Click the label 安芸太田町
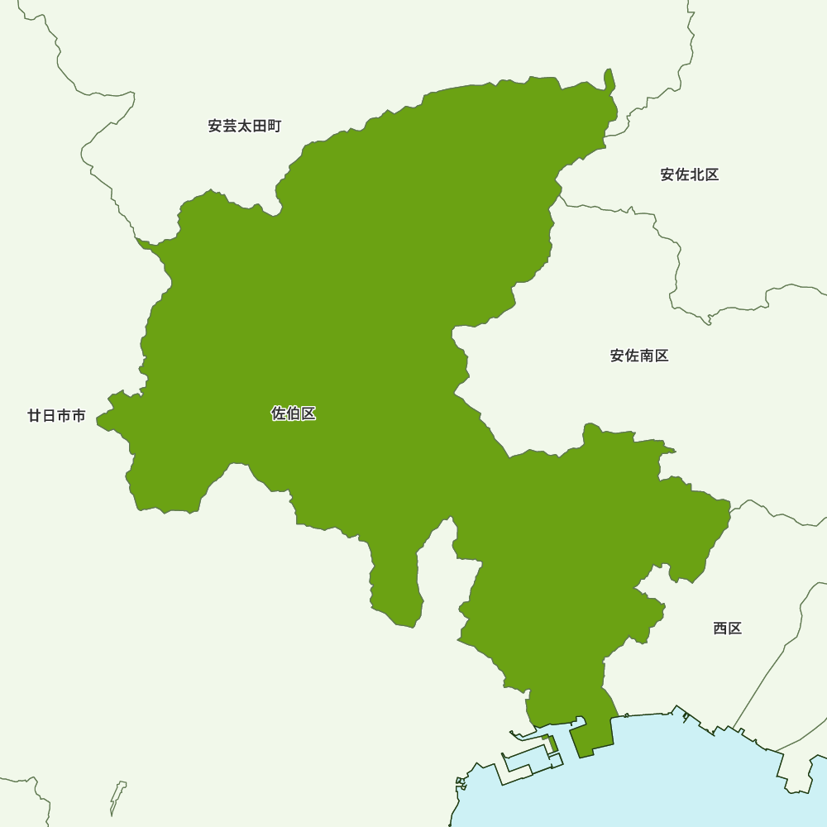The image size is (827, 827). tap(245, 127)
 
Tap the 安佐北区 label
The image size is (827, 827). tap(690, 174)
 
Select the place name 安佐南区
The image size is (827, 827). tap(639, 356)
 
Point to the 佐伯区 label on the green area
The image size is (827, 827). tap(294, 413)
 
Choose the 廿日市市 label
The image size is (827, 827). tap(56, 416)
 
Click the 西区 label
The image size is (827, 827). tap(728, 629)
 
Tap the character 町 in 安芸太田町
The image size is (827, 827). tap(275, 127)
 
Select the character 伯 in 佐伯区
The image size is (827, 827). tap(294, 413)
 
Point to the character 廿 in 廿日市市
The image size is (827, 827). tap(34, 416)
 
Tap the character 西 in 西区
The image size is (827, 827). tap(720, 629)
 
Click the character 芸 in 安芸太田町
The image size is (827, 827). tap(230, 127)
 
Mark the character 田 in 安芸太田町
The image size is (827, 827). tap(260, 127)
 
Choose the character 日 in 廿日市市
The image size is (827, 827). tap(49, 416)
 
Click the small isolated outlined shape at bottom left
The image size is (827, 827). tap(118, 796)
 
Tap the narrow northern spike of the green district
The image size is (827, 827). tap(609, 80)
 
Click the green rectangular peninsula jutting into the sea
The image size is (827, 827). tap(590, 736)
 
